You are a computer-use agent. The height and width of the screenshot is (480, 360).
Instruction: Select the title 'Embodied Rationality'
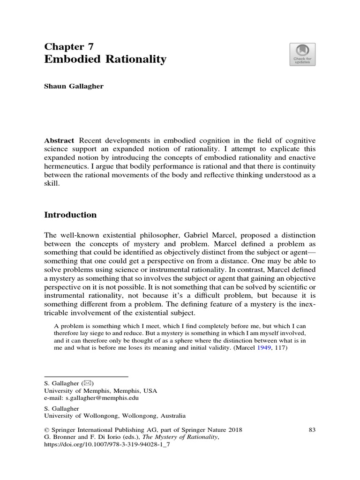[105, 60]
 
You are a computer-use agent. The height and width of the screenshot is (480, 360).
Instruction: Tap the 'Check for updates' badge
[302, 54]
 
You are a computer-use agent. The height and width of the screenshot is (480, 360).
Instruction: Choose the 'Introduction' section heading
[70, 215]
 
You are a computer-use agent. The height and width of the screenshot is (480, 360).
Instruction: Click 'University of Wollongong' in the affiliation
[82, 415]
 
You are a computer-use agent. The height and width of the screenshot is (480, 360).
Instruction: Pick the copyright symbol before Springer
[46, 430]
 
